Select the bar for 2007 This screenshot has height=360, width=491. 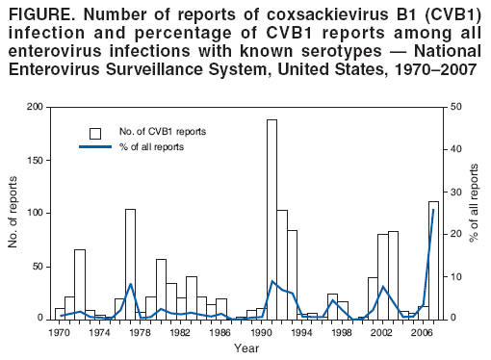tap(433, 260)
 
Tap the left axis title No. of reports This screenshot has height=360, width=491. tap(13, 213)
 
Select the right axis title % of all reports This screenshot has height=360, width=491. tap(475, 213)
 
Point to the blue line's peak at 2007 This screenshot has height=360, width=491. tap(434, 210)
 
